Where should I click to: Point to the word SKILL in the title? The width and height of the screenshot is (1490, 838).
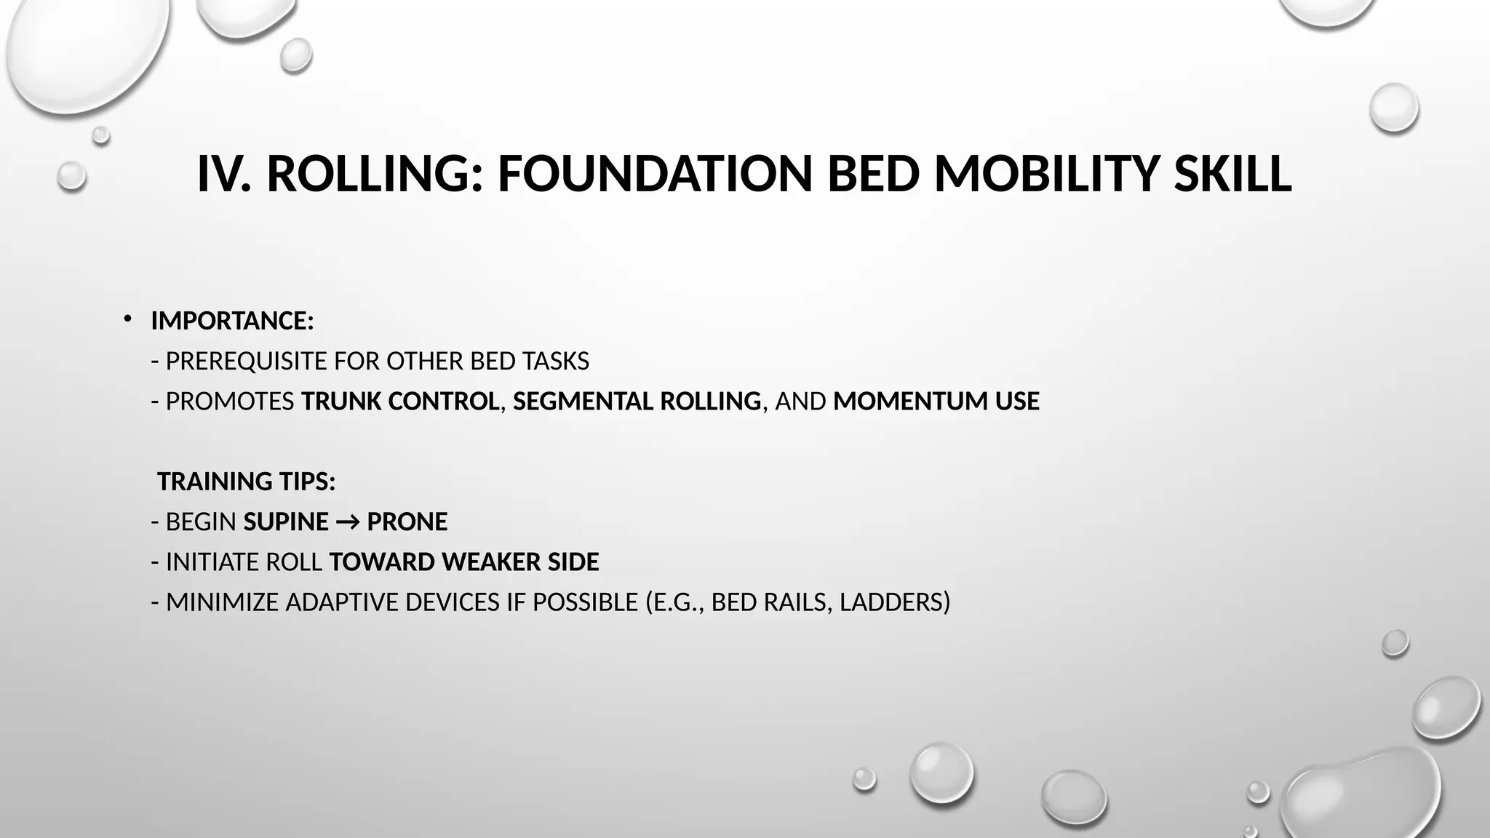click(x=1232, y=175)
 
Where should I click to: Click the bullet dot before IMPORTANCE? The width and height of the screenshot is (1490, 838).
click(x=127, y=319)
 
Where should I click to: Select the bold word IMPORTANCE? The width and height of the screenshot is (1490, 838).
click(x=232, y=321)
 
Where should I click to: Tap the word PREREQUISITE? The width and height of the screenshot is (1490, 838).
click(x=246, y=362)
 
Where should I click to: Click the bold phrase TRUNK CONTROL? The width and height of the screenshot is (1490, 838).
click(x=400, y=402)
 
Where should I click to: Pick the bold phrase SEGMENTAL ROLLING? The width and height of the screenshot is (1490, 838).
click(x=637, y=402)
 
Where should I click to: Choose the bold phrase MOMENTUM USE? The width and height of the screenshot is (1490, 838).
click(x=936, y=402)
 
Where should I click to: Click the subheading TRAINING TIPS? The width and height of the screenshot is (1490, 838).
click(x=246, y=482)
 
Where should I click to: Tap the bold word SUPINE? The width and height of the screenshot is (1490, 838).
click(x=286, y=522)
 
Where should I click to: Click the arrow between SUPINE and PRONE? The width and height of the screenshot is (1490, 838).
click(x=348, y=522)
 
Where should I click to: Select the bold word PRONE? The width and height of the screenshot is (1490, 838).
click(x=407, y=522)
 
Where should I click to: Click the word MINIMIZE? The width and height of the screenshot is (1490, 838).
click(x=222, y=602)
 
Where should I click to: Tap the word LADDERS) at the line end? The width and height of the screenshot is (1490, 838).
click(x=894, y=602)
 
